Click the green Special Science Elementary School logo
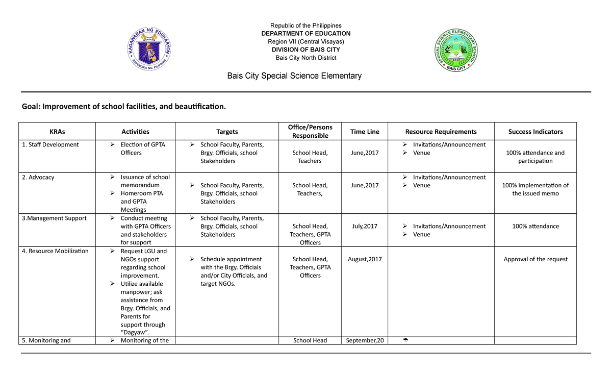pyautogui.click(x=457, y=51)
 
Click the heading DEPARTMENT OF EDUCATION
pyautogui.click(x=305, y=34)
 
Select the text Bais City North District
pyautogui.click(x=305, y=58)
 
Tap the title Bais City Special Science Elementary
pyautogui.click(x=294, y=76)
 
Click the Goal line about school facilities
pyautogui.click(x=123, y=107)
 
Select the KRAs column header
pyautogui.click(x=57, y=132)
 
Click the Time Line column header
pyautogui.click(x=365, y=132)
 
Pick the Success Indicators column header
pyautogui.click(x=535, y=132)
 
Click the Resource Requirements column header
pyautogui.click(x=441, y=132)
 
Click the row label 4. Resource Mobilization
pyautogui.click(x=58, y=251)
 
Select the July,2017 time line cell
pyautogui.click(x=365, y=226)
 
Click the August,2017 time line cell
pyautogui.click(x=365, y=259)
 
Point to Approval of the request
pyautogui.click(x=535, y=259)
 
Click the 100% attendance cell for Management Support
pyautogui.click(x=535, y=226)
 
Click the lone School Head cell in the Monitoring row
pyautogui.click(x=310, y=340)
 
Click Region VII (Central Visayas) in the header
pyautogui.click(x=305, y=41)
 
